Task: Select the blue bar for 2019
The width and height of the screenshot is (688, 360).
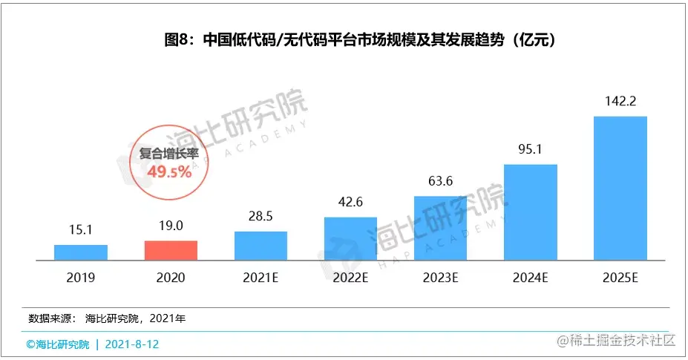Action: coord(81,252)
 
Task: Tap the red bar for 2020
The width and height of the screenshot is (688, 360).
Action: coord(171,250)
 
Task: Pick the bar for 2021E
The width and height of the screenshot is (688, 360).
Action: coord(261,246)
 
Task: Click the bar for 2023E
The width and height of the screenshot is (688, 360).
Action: coord(440,229)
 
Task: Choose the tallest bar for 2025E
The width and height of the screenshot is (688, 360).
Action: coord(620,189)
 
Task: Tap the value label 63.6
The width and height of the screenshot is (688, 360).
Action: coord(440,181)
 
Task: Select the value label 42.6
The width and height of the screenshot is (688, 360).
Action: coord(350,203)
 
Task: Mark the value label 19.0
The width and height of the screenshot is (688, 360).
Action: coord(171,226)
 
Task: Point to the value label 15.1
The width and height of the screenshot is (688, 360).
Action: coord(81,230)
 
